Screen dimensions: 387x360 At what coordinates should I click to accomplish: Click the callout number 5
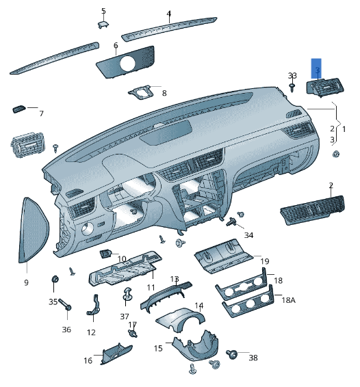pos(103,11)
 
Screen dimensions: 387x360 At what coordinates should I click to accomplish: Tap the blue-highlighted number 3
pos(317,69)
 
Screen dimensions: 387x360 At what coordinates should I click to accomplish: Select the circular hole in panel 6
pos(127,64)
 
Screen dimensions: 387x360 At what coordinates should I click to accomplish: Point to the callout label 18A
pos(289,300)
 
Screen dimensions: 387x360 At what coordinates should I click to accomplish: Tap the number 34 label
pos(248,235)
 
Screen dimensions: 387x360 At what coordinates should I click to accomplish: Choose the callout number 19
pos(264,261)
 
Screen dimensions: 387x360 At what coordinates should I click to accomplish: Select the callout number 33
pos(292,75)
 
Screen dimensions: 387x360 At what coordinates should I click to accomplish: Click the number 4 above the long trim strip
pos(168,13)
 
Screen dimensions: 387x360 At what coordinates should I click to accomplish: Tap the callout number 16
pos(88,360)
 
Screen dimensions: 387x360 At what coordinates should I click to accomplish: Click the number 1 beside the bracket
pos(344,129)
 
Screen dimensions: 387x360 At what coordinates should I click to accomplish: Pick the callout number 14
pos(198,306)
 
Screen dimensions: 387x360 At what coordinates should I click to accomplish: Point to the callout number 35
pos(53,302)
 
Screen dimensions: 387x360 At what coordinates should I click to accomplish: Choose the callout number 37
pos(124,316)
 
